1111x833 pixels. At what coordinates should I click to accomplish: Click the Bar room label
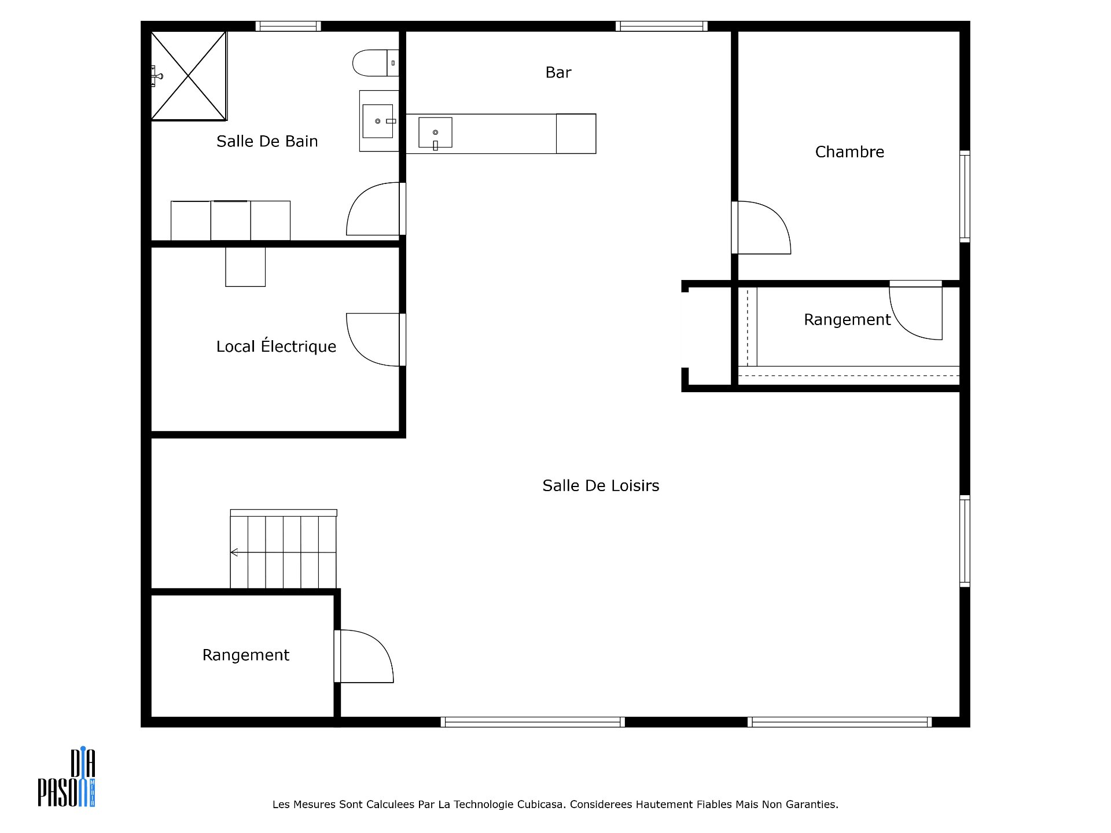click(x=558, y=72)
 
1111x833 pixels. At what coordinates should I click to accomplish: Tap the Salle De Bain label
click(x=267, y=141)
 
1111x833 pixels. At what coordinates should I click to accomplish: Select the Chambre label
click(x=849, y=152)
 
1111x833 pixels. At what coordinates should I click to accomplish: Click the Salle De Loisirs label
click(x=601, y=485)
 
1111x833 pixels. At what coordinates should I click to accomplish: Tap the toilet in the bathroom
click(x=375, y=63)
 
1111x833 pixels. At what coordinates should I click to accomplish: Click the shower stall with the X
click(x=189, y=76)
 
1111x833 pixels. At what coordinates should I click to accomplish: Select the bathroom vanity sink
click(x=378, y=121)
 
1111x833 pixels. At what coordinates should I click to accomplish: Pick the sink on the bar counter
click(x=435, y=133)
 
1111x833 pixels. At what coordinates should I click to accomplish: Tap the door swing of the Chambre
click(x=761, y=227)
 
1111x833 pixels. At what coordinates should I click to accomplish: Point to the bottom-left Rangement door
click(x=364, y=656)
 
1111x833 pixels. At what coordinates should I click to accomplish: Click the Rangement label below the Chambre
click(x=847, y=319)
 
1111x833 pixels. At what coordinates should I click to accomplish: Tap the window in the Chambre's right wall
click(x=965, y=196)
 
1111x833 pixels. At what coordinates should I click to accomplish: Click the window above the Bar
click(x=661, y=26)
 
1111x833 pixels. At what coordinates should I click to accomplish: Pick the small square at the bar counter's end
click(x=576, y=134)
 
